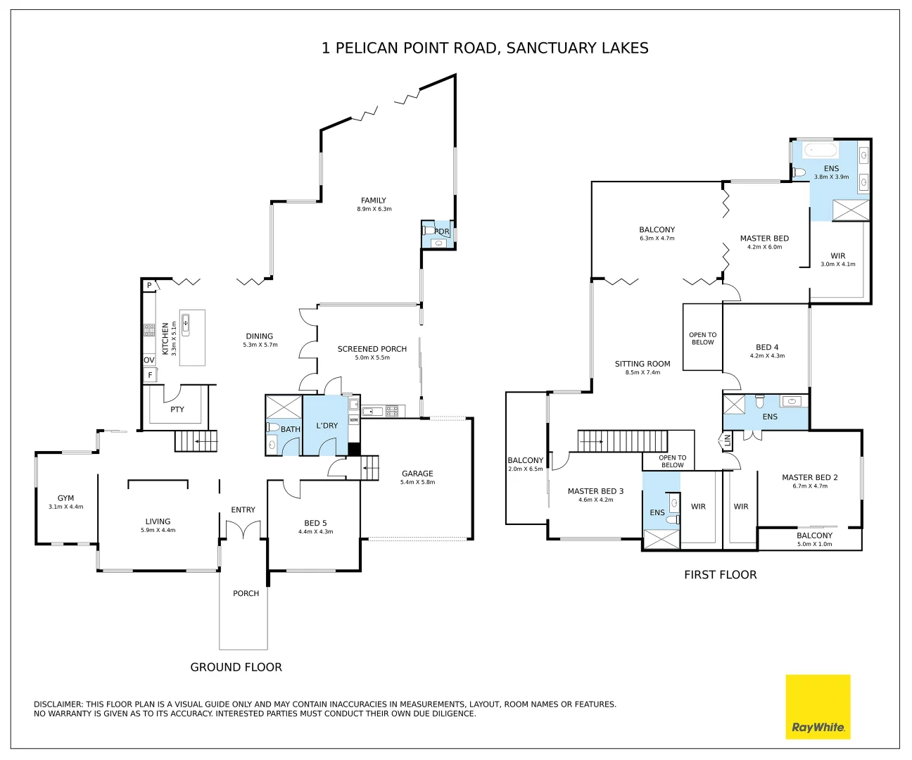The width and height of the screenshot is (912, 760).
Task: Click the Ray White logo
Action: point(818,707)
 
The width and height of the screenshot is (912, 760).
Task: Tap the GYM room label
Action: point(65,498)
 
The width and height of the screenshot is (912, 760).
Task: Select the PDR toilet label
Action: point(442,232)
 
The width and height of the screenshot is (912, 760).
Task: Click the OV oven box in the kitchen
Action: point(149,360)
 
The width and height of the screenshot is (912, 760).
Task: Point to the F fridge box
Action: point(151,375)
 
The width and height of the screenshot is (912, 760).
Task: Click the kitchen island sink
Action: point(186,324)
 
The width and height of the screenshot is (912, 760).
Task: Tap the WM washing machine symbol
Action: point(354,420)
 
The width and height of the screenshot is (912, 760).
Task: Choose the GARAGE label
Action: point(417,474)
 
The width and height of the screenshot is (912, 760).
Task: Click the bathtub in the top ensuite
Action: point(821,151)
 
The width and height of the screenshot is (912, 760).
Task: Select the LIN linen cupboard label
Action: point(727,441)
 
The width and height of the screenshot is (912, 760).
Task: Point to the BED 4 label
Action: point(767,347)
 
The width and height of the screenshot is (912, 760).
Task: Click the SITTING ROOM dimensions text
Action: point(642,372)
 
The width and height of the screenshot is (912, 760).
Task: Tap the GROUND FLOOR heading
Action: point(236,667)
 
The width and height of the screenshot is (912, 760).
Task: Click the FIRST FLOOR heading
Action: point(721,574)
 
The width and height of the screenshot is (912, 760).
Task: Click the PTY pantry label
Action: point(177,410)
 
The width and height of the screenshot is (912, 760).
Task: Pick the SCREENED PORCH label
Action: point(372,349)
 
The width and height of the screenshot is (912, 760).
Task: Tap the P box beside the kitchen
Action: point(149,286)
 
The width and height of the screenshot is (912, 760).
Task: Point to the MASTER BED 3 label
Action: point(596,491)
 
